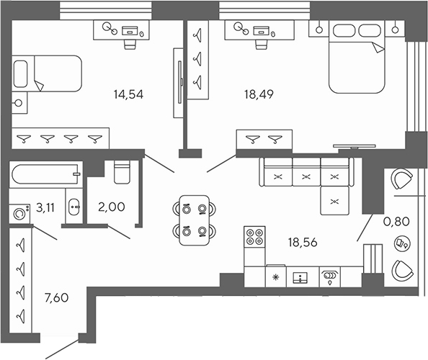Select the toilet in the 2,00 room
tap(121, 173)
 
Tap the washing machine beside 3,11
tap(19, 212)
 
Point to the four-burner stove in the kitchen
tap(254, 238)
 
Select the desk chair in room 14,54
tap(130, 42)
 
